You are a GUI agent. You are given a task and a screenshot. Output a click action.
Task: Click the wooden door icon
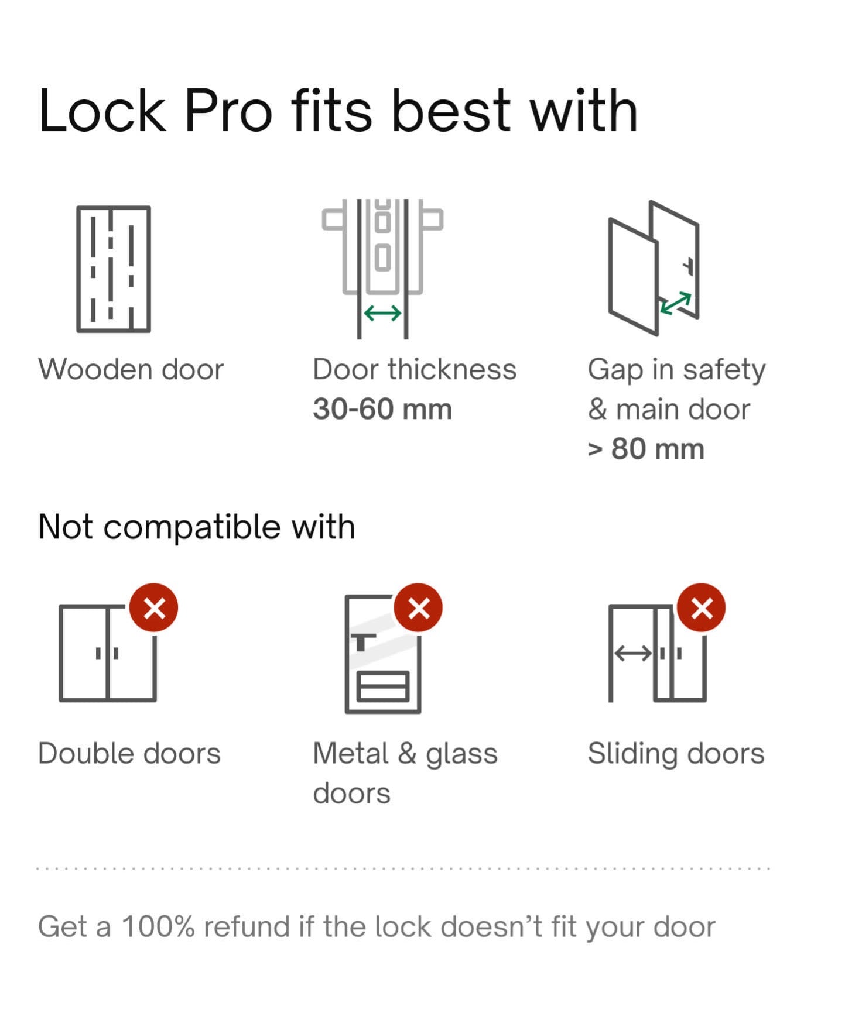pyautogui.click(x=114, y=269)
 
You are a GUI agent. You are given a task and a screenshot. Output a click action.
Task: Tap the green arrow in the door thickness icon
pyautogui.click(x=382, y=314)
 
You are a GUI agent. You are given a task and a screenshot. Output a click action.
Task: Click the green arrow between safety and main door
pyautogui.click(x=675, y=304)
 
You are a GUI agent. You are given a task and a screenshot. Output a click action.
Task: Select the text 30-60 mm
pyautogui.click(x=382, y=409)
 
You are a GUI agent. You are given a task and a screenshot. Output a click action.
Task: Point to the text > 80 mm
pyautogui.click(x=646, y=449)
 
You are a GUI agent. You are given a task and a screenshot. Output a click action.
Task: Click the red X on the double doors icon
pyautogui.click(x=154, y=608)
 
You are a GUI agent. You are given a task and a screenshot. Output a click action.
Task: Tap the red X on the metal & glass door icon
pyautogui.click(x=418, y=608)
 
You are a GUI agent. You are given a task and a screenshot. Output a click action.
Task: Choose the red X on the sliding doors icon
pyautogui.click(x=701, y=608)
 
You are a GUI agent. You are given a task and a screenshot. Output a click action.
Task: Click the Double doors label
pyautogui.click(x=129, y=753)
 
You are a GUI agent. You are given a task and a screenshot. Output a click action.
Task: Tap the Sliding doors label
pyautogui.click(x=676, y=753)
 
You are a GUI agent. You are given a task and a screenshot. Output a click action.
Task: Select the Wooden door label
pyautogui.click(x=131, y=370)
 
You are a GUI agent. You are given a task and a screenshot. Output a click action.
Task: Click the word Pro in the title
pyautogui.click(x=228, y=111)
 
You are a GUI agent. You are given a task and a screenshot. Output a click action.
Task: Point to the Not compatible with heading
pyautogui.click(x=196, y=527)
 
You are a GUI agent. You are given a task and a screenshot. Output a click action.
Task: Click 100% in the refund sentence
pyautogui.click(x=158, y=927)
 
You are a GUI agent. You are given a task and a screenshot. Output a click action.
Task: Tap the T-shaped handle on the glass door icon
pyautogui.click(x=362, y=641)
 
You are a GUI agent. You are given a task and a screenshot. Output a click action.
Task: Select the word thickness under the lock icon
pyautogui.click(x=451, y=370)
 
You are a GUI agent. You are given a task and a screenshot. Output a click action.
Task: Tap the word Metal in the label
pyautogui.click(x=350, y=753)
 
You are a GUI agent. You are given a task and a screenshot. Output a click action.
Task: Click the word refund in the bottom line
pyautogui.click(x=247, y=927)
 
